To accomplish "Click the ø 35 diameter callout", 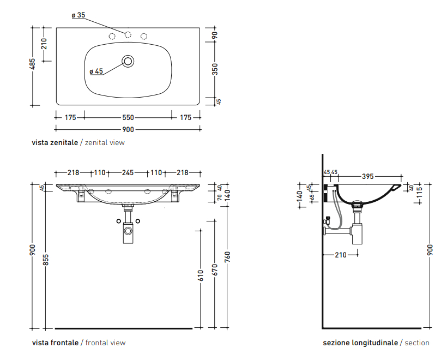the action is point(78,15).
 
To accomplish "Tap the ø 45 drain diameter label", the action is point(96,71).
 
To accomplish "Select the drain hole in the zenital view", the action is point(128,61).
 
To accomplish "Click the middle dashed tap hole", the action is point(128,35).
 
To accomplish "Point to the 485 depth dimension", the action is point(33,64).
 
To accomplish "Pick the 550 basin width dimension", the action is point(128,117).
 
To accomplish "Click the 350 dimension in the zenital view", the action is point(215,69).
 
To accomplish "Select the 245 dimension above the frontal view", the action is point(128,172).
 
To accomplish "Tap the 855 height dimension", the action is point(46,260).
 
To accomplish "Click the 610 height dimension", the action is point(201,275).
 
